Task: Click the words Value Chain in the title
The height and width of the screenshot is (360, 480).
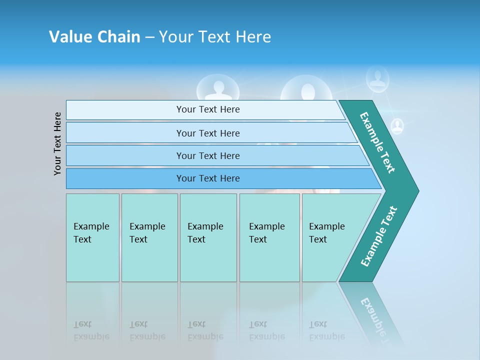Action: (94, 36)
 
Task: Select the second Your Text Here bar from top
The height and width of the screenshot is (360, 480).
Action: (208, 133)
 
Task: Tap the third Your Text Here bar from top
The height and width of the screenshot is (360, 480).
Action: (208, 155)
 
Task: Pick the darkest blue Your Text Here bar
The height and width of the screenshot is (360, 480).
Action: (208, 178)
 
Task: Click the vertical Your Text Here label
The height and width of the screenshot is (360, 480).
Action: (58, 143)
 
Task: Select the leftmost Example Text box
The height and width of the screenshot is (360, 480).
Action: (92, 237)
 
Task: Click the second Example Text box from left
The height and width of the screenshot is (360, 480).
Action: (149, 237)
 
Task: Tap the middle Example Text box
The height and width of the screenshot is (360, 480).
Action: (208, 237)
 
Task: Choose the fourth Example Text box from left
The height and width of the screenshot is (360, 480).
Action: (269, 237)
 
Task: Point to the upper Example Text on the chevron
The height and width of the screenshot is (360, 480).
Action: (378, 142)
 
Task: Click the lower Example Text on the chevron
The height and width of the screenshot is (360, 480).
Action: (379, 236)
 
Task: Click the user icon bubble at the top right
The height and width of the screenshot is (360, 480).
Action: (377, 78)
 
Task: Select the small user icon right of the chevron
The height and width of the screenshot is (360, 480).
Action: (397, 126)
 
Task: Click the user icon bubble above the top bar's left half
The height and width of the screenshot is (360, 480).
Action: (217, 88)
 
